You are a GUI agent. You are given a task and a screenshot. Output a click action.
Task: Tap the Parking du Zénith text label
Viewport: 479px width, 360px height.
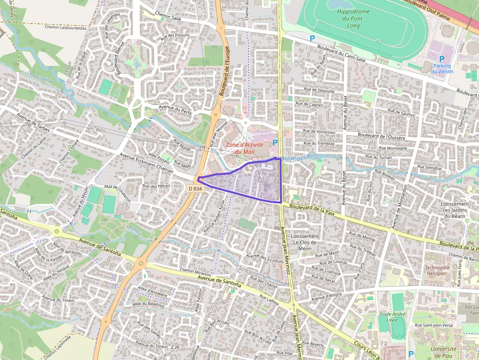pos(442,69)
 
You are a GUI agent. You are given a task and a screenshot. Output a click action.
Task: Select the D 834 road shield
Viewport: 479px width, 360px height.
pos(195,189)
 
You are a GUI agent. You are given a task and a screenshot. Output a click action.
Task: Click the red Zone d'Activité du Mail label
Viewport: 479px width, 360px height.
pos(244,148)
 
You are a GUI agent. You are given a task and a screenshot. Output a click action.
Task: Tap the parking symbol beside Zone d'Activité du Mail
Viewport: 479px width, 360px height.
pos(275,142)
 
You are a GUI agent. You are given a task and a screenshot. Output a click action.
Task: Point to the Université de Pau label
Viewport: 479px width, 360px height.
pos(441,352)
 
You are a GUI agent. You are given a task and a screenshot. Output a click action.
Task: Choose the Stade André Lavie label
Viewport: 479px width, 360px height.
pos(392,317)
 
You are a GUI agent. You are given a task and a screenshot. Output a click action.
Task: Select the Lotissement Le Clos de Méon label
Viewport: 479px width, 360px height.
pos(305,242)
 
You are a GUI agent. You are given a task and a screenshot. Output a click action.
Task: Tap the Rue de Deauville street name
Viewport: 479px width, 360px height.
pos(320,91)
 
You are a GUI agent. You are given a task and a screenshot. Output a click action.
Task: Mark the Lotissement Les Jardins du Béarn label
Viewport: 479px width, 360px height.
pos(455,210)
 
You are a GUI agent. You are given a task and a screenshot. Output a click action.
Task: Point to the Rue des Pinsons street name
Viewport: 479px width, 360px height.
pos(174,36)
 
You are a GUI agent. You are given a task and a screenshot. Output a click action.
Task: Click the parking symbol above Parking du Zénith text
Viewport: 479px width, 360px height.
pos(441,59)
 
